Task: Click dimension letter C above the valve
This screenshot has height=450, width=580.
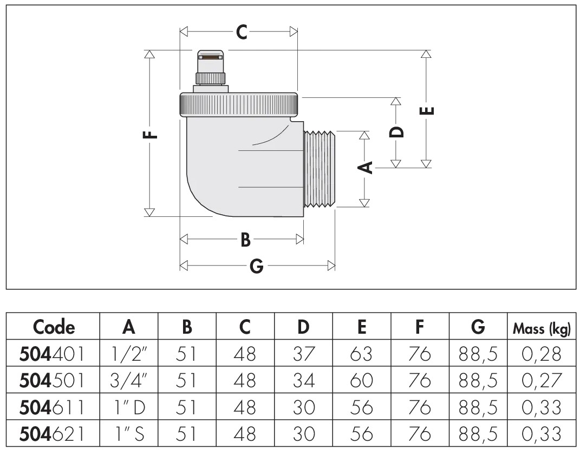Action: [x=242, y=32]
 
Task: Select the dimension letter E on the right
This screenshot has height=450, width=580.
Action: [x=427, y=111]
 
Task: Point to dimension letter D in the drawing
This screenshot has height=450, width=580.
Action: [x=397, y=131]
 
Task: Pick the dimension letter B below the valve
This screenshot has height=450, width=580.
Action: [x=245, y=239]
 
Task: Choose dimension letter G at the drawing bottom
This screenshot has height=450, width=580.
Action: [x=257, y=266]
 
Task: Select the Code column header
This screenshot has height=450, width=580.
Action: [x=54, y=327]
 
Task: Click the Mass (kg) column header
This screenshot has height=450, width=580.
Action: [x=543, y=328]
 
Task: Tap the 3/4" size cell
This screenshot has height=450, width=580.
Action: [x=128, y=381]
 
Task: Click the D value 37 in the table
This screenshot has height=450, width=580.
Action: [x=303, y=354]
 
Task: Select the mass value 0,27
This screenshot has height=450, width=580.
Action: [x=542, y=381]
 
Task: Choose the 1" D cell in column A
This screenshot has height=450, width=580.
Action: [x=128, y=407]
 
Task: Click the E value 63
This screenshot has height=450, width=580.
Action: [x=362, y=354]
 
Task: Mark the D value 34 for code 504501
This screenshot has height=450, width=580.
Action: [x=303, y=381]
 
